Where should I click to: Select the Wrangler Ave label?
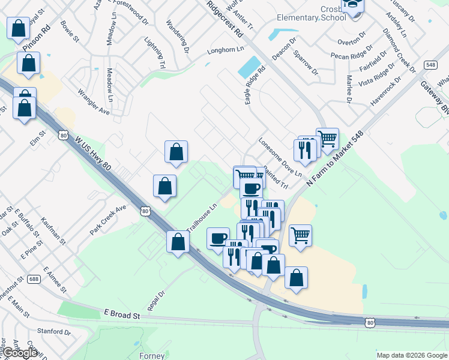pyautogui.click(x=94, y=103)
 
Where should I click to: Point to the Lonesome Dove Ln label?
pyautogui.click(x=280, y=158)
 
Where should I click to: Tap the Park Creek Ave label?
pyautogui.click(x=108, y=220)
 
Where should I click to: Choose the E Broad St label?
pyautogui.click(x=121, y=314)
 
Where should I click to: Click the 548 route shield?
pyautogui.click(x=429, y=64)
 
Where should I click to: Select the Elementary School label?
pyautogui.click(x=311, y=17)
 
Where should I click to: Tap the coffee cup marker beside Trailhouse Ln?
pyautogui.click(x=218, y=238)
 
